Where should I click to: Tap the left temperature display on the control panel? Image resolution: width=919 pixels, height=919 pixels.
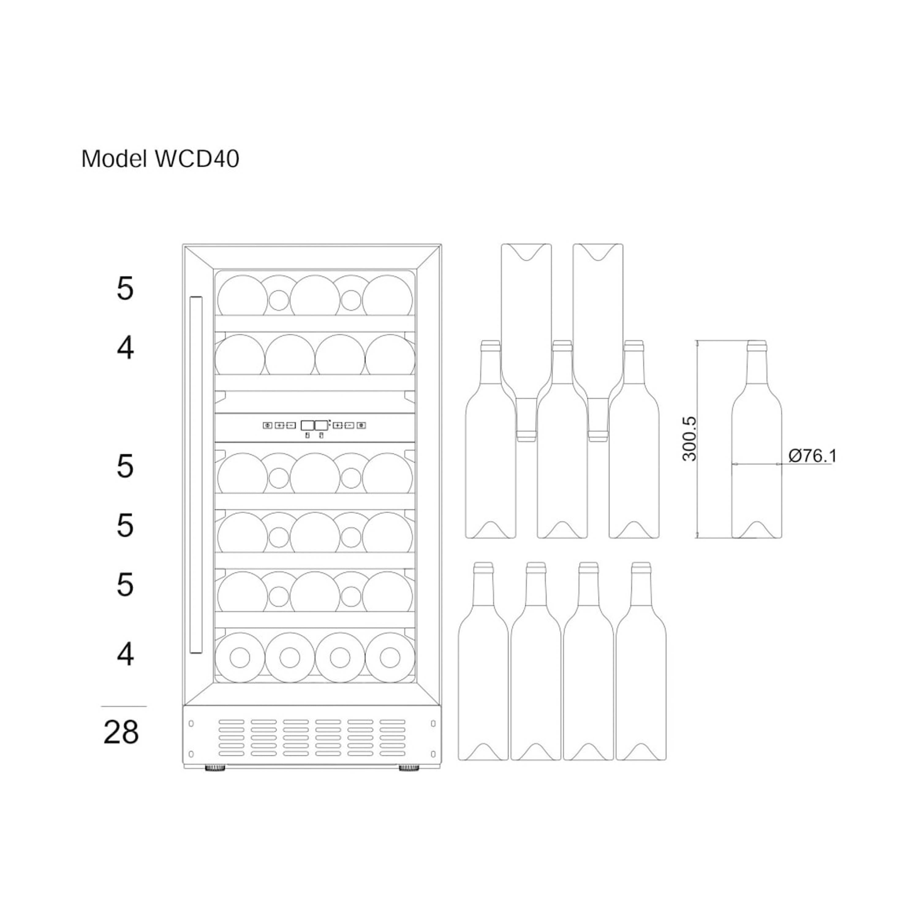tap(307, 425)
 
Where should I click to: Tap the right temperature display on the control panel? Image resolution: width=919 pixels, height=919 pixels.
tap(322, 425)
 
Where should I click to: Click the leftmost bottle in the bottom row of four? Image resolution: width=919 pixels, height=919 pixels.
tap(483, 675)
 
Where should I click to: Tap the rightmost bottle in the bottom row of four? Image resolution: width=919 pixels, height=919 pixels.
tap(641, 675)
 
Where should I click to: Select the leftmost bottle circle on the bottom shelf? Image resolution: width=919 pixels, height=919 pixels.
tap(240, 657)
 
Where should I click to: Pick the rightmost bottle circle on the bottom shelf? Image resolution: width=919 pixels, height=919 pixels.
tap(390, 657)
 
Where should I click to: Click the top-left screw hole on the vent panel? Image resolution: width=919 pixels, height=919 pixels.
tap(191, 724)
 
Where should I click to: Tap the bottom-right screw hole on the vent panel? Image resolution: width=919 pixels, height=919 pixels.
tap(433, 754)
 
